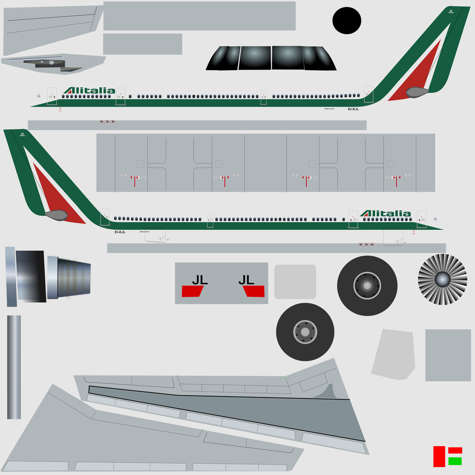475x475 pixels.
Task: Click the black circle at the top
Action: pyautogui.click(x=347, y=21)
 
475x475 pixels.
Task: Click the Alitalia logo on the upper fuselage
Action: pyautogui.click(x=89, y=90)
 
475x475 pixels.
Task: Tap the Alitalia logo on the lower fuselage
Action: pyautogui.click(x=386, y=213)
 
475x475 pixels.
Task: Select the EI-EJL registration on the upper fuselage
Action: pyautogui.click(x=353, y=109)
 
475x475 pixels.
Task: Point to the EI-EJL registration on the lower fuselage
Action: pyautogui.click(x=120, y=232)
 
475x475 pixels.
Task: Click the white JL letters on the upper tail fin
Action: pyautogui.click(x=451, y=12)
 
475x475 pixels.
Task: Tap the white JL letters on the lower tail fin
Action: pyautogui.click(x=22, y=135)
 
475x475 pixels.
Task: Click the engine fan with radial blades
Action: pyautogui.click(x=442, y=279)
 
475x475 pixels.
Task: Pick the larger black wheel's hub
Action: pyautogui.click(x=367, y=286)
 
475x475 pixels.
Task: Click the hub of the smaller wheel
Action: pyautogui.click(x=305, y=332)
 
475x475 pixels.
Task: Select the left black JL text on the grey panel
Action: pyautogui.click(x=200, y=280)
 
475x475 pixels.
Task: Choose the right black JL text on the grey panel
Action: pyautogui.click(x=246, y=280)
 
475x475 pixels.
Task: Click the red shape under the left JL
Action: pyautogui.click(x=193, y=291)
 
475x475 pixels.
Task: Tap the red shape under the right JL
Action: pyautogui.click(x=254, y=291)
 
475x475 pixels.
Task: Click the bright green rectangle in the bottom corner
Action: pyautogui.click(x=455, y=461)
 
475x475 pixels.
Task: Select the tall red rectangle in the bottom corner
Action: pyautogui.click(x=439, y=456)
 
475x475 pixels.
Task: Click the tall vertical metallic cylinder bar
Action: pyautogui.click(x=14, y=367)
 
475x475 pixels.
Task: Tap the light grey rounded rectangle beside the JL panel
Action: pyautogui.click(x=295, y=282)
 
